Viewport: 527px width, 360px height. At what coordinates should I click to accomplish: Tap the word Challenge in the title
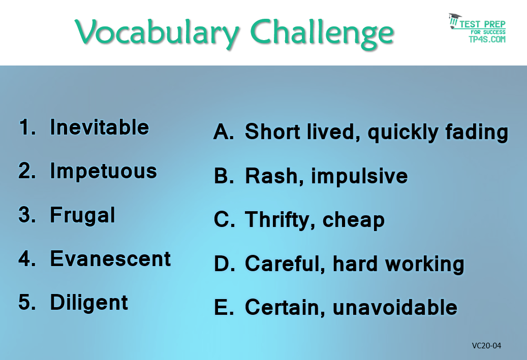pos(322,33)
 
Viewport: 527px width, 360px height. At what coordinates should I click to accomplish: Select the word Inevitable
pos(100,127)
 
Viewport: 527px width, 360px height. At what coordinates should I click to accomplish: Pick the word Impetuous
pos(104,172)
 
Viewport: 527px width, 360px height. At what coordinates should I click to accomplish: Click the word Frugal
pos(83,216)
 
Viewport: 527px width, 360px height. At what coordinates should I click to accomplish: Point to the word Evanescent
pos(111,259)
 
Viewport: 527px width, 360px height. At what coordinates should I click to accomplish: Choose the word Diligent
pos(89,303)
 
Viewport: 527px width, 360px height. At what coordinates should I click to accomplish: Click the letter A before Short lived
pos(224,132)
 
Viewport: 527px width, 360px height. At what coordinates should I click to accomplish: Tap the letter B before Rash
pos(224,176)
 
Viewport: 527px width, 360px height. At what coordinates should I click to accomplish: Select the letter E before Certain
pos(224,307)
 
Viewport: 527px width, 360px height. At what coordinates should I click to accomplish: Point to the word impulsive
pos(359,176)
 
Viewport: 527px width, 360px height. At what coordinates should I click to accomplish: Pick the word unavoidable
pos(395,307)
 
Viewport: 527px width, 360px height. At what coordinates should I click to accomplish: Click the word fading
pos(477,133)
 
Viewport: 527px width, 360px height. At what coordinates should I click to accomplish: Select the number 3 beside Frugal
pos(27,215)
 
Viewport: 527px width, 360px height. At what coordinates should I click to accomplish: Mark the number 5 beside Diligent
pos(27,302)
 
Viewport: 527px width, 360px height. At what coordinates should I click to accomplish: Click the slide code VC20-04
pos(486,346)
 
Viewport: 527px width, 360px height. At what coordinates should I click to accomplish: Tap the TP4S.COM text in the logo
pos(487,39)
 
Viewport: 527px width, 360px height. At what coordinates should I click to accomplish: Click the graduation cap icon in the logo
pos(455,20)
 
